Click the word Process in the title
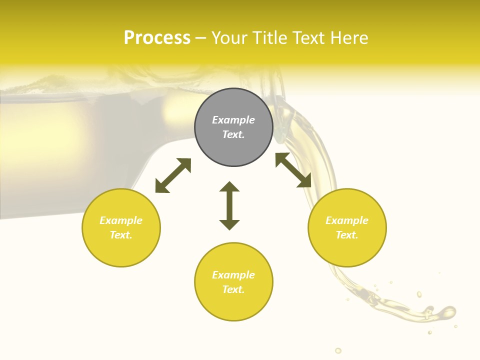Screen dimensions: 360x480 [x=157, y=38]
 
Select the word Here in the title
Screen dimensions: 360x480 [x=349, y=38]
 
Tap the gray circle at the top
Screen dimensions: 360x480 [x=233, y=127]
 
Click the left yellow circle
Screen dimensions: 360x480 [x=121, y=227]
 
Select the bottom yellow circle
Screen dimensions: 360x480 [x=233, y=282]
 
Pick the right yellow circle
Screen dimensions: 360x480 [x=347, y=227]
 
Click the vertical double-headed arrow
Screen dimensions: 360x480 [x=229, y=205]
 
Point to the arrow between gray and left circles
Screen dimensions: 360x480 [x=173, y=175]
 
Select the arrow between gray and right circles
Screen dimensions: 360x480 [x=293, y=170]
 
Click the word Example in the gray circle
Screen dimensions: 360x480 [x=233, y=120]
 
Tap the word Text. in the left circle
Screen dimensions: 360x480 [x=121, y=235]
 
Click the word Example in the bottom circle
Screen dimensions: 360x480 [x=233, y=275]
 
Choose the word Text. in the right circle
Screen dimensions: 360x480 [x=347, y=235]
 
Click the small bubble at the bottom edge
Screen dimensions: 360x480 [x=338, y=350]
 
